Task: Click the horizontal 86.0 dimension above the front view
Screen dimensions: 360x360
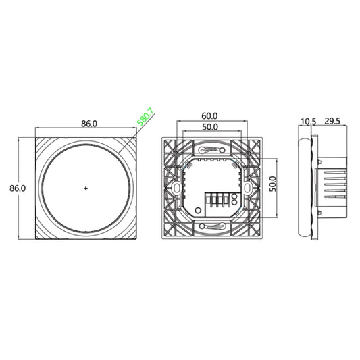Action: (89, 124)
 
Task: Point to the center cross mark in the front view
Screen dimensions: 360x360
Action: (86, 188)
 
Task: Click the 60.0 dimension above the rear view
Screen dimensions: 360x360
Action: (209, 116)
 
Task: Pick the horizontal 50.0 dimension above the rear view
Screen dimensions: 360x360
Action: (209, 127)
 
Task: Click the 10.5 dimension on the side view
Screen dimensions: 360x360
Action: (309, 122)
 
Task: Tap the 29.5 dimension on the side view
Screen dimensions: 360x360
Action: (333, 122)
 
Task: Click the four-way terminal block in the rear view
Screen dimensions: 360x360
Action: (220, 201)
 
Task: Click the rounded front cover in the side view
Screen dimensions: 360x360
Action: (303, 188)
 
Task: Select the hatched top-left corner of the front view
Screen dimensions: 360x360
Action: (43, 146)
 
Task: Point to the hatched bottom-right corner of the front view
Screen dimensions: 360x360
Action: (129, 231)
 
